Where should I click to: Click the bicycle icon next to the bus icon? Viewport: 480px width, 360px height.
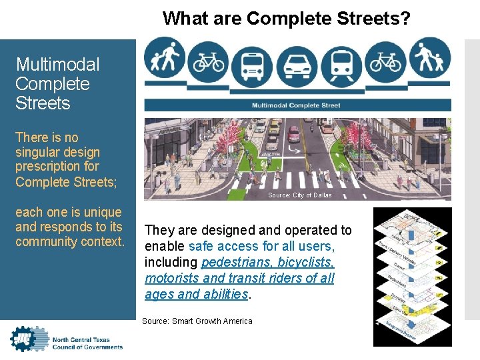point(209,62)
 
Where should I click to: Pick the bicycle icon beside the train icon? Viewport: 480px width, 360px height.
point(385,62)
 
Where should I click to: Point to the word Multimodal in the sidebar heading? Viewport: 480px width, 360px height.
point(57,65)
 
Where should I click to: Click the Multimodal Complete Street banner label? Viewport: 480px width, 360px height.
point(296,105)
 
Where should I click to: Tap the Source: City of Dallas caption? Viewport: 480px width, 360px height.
point(299,195)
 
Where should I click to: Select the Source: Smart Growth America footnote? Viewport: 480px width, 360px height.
point(197,321)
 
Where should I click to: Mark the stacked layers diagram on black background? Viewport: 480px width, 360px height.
point(412,277)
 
